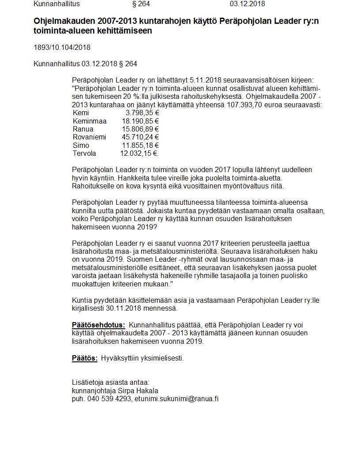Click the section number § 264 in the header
point(141,4)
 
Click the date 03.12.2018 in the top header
point(247,4)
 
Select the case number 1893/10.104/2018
point(62,47)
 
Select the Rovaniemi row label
point(89,137)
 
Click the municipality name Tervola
point(84,153)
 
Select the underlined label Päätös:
point(84,358)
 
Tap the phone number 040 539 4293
point(109,398)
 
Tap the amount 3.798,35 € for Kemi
point(142,113)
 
